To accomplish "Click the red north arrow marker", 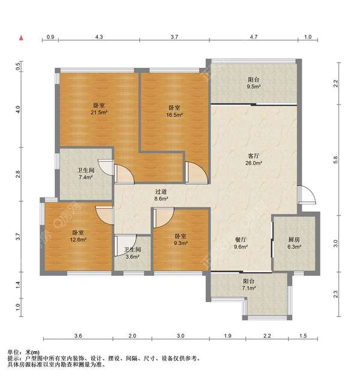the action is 22,38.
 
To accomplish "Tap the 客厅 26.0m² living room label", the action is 254,159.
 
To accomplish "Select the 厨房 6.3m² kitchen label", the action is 294,243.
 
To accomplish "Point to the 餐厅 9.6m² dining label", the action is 241,243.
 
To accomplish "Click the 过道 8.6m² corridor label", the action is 161,195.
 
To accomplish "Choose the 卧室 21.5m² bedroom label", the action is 99,109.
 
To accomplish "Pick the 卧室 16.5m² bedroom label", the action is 175,111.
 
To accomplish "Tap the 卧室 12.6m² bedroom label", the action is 78,236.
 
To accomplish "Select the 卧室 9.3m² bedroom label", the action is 181,239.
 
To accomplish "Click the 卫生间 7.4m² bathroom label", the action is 86,174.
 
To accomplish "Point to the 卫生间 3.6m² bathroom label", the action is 133,253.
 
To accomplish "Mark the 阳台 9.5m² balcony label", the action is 253,83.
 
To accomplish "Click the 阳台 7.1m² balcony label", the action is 248,285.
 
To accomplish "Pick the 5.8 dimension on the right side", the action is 335,160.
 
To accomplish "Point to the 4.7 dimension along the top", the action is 254,37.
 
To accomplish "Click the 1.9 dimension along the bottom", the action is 227,336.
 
